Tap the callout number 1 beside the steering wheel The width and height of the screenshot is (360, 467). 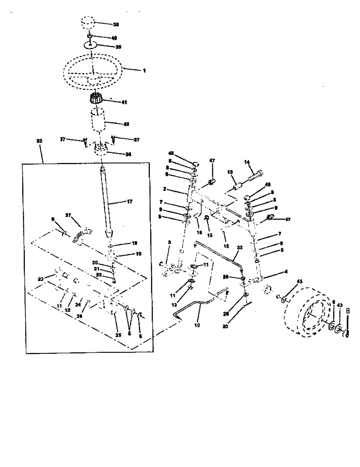(144, 71)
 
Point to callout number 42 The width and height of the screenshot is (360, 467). (126, 124)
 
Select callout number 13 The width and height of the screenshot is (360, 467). (230, 172)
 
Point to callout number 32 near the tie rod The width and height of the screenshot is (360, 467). (239, 248)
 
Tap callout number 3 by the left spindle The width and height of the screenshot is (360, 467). (169, 242)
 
